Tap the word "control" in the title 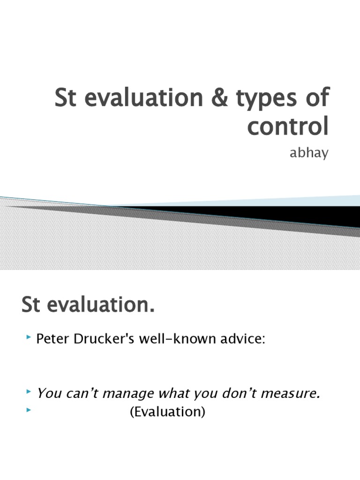pos(288,127)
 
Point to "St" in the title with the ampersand pos(66,99)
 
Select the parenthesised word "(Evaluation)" pos(167,412)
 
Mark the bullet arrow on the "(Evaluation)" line pos(30,411)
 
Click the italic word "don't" pos(237,394)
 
